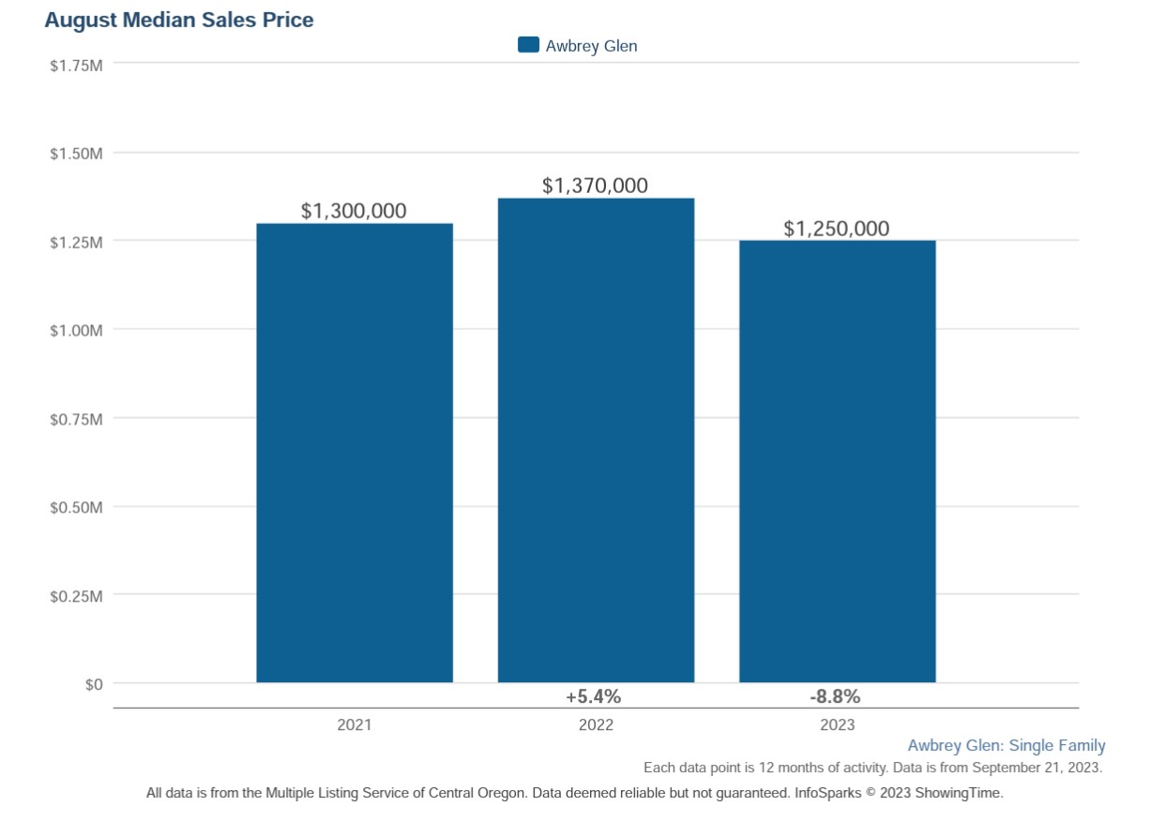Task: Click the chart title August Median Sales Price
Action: pos(178,20)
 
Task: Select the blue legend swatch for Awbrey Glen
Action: pos(528,45)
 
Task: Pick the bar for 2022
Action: pos(596,440)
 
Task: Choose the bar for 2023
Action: pos(837,461)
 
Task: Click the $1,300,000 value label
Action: pos(354,211)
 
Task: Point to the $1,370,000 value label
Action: pos(595,186)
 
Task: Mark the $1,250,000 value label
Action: pos(837,229)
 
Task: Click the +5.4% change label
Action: pos(593,696)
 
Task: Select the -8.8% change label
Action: pos(835,696)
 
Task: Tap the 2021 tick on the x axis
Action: pos(355,724)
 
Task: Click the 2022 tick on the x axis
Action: pos(596,724)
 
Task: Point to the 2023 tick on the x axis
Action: pos(837,724)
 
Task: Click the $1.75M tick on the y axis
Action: pos(76,64)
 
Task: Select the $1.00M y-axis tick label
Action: pos(76,330)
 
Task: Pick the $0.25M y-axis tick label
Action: pos(76,595)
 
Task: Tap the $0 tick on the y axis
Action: pos(93,684)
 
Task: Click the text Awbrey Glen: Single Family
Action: pos(1006,746)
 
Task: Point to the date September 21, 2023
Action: pos(1039,768)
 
